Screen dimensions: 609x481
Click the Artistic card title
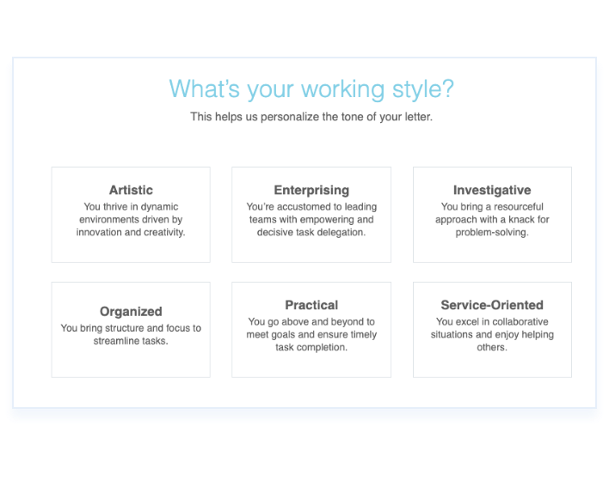[131, 190]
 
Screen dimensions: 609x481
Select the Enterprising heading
[311, 191]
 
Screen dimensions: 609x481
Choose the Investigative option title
[492, 191]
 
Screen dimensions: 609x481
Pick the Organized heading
[131, 312]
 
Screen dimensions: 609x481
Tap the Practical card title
[311, 305]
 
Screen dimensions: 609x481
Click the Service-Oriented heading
[492, 305]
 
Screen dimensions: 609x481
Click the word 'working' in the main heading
[342, 89]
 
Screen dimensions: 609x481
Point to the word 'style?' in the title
[423, 89]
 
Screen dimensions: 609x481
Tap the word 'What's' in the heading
[205, 88]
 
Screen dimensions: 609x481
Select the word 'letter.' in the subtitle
[419, 117]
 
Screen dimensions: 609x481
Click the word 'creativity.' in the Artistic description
[164, 233]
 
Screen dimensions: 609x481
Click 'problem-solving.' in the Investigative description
[492, 233]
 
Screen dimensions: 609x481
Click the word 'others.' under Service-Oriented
[492, 347]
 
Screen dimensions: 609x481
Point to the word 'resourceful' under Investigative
[518, 207]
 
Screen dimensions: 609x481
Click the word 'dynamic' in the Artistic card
[159, 207]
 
